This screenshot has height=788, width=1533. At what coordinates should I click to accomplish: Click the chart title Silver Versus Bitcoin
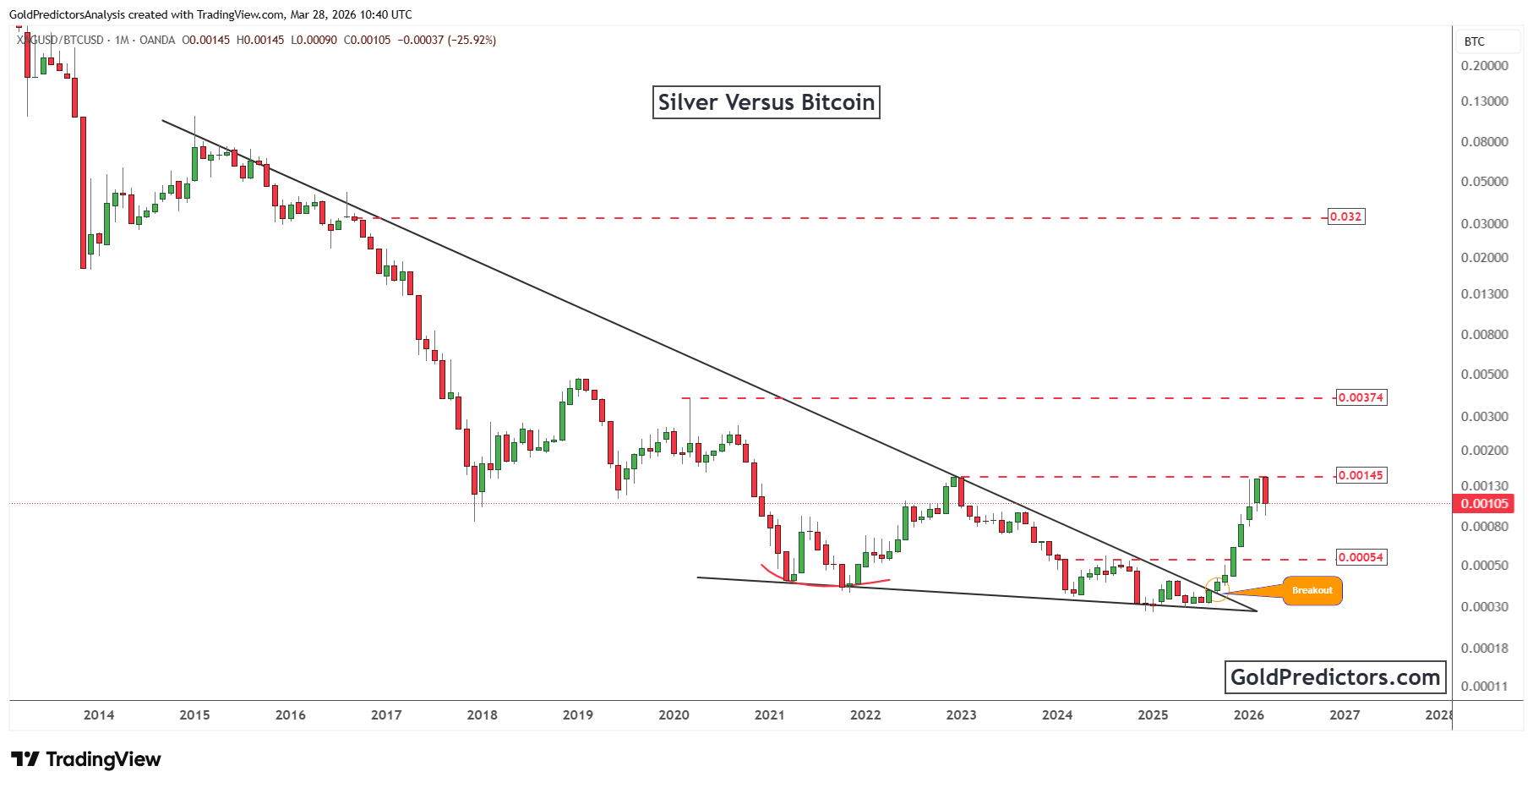(766, 102)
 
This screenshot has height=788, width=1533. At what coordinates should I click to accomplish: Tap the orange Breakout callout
(1312, 590)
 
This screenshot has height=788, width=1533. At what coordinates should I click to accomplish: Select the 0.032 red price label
(1345, 216)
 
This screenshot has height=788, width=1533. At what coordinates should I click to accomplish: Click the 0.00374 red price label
(1361, 397)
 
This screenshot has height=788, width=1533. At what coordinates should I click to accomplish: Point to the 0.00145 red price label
(1361, 475)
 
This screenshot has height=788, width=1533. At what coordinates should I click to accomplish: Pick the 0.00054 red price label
(1361, 557)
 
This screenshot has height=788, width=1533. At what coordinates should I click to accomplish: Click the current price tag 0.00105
(1484, 504)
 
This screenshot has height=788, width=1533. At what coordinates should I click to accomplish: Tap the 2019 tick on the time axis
(578, 715)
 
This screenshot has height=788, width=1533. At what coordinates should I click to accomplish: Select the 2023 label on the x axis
(961, 715)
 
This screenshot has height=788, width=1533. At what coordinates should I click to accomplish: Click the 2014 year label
(99, 715)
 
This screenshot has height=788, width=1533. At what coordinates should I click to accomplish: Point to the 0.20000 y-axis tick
(1484, 66)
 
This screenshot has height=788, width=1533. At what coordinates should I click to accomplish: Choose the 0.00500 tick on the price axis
(1484, 375)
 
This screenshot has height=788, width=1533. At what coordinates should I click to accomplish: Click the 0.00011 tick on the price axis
(1484, 687)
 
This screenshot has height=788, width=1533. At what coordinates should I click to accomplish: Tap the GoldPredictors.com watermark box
(1334, 677)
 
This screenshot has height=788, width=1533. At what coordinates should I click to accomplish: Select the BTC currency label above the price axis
(1474, 41)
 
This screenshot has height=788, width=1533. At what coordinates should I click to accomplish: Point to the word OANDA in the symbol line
(157, 40)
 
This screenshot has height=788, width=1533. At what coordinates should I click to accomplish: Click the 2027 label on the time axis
(1345, 715)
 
